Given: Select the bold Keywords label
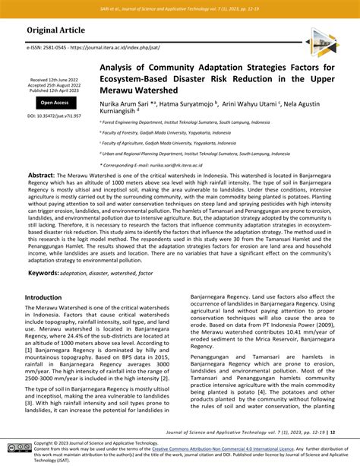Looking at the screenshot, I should (x=43, y=250).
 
